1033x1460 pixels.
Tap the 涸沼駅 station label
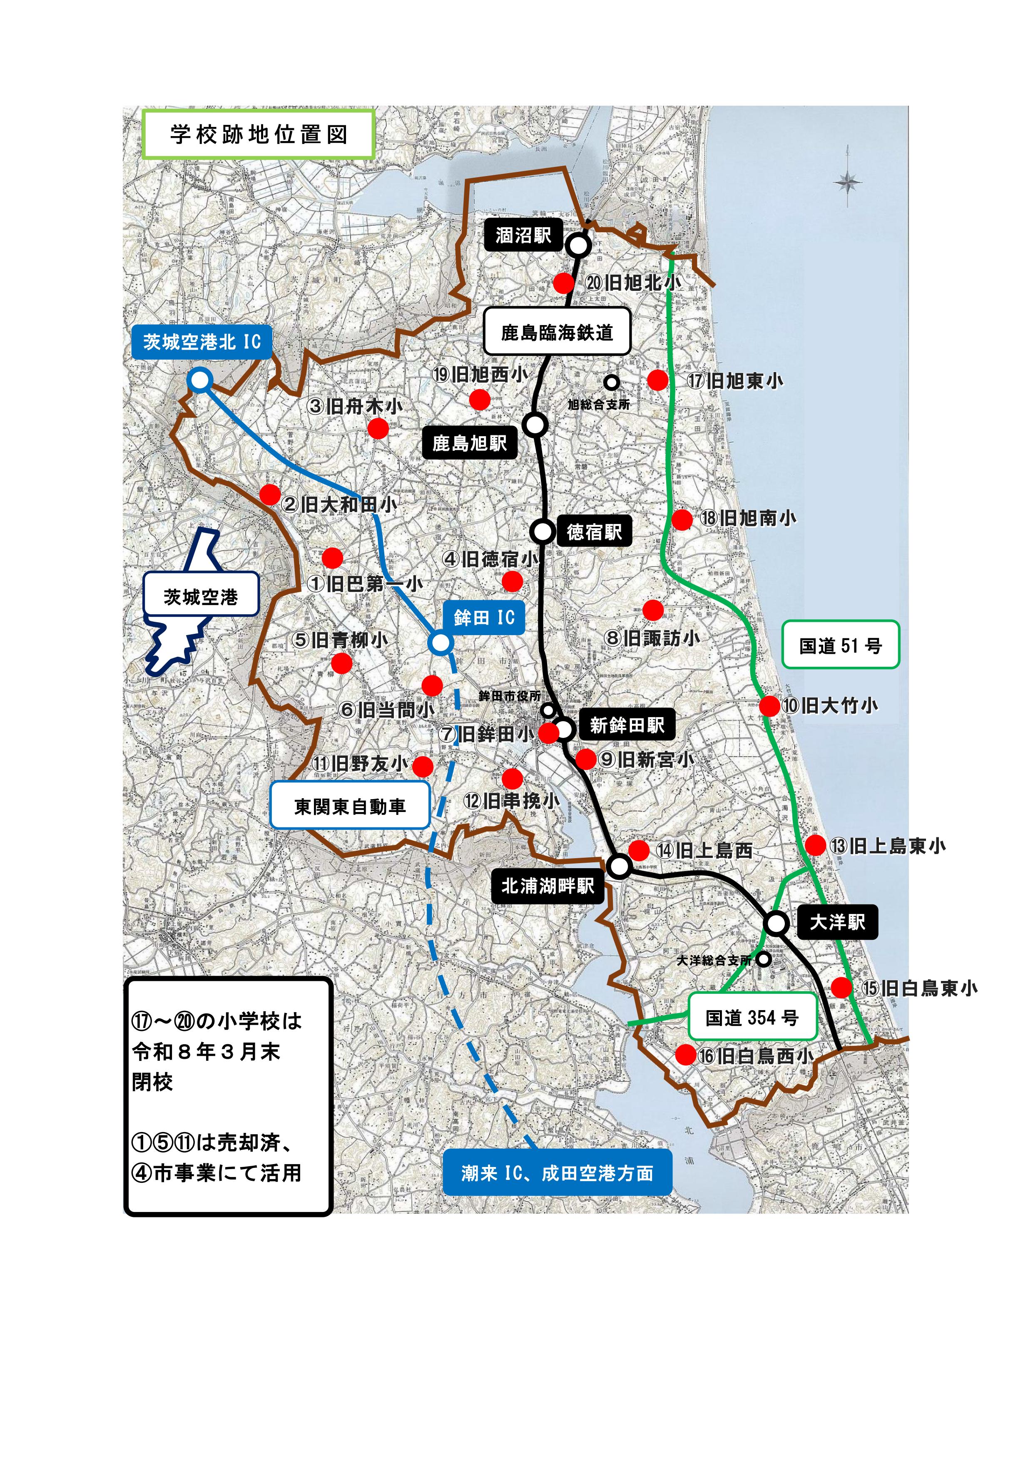(523, 236)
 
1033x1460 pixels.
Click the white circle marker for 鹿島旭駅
(535, 424)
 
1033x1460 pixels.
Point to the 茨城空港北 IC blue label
(202, 342)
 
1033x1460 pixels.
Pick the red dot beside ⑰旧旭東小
(658, 380)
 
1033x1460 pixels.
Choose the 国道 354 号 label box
(752, 1018)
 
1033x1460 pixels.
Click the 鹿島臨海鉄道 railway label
(557, 332)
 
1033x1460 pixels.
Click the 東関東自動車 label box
(350, 806)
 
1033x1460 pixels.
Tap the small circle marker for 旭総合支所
(611, 382)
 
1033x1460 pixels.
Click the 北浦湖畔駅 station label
(548, 886)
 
